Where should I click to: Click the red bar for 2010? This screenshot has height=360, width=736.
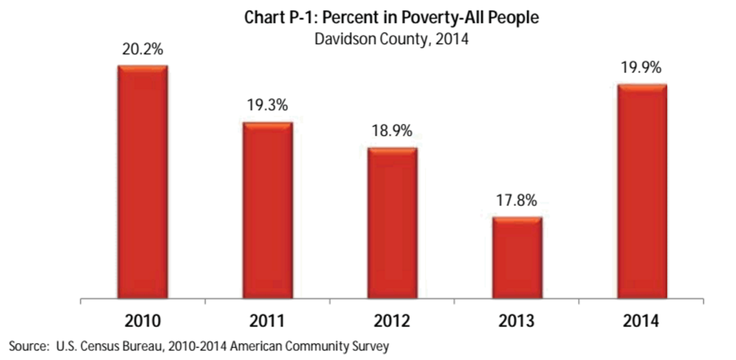coord(143,182)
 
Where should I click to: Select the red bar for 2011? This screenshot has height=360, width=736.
coord(267,210)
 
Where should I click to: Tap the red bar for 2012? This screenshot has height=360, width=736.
coord(392,223)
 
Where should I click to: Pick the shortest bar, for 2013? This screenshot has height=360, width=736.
coord(517,257)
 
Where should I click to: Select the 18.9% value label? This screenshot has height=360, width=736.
coord(392,131)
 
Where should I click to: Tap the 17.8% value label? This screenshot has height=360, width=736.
coord(517,201)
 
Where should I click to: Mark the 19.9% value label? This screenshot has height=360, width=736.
coord(641,68)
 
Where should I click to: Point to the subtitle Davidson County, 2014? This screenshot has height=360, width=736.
coord(392,40)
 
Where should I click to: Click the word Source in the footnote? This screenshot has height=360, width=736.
coord(27,346)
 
